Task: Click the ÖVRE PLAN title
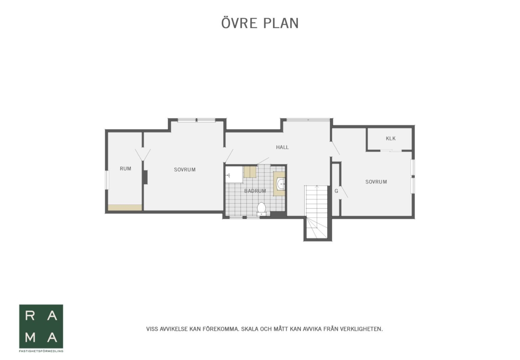coord(260,23)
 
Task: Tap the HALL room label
coord(282,147)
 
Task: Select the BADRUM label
coord(255,191)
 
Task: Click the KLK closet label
coord(391,139)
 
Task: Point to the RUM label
coord(125,169)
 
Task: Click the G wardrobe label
coord(336,191)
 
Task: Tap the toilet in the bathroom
coord(261,208)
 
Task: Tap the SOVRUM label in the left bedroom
coord(185,170)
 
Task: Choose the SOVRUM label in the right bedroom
coord(376,182)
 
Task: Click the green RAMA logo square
coord(41,326)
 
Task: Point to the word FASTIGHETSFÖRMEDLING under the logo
coord(41,351)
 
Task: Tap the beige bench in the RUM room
coord(125,208)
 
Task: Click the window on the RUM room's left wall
coord(107,180)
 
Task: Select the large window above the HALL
coord(308,120)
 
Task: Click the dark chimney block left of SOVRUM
coord(145,177)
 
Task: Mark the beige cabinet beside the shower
coord(250,172)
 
